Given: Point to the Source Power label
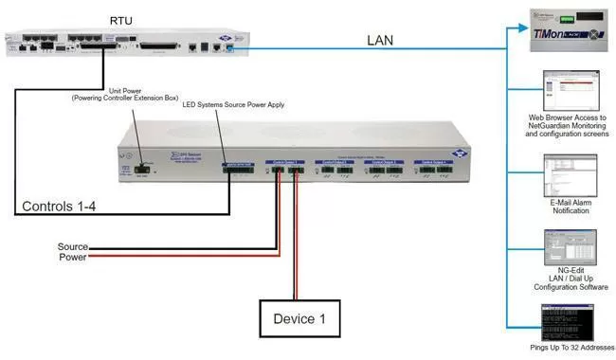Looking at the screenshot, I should [x=74, y=251].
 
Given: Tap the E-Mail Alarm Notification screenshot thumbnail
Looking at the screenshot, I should [x=569, y=174].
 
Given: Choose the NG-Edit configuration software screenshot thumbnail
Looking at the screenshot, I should [x=569, y=247].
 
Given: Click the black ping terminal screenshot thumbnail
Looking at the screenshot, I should [x=569, y=321].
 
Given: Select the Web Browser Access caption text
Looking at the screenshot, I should [x=569, y=125].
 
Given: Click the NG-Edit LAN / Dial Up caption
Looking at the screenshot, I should [x=569, y=280].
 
